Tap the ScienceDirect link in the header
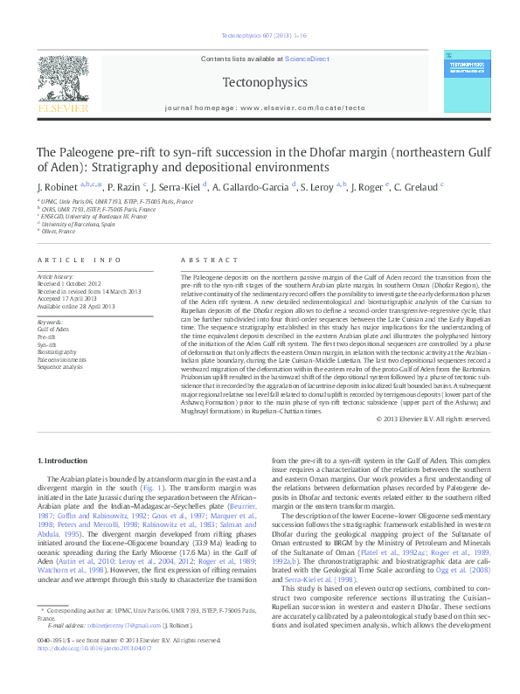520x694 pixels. pyautogui.click(x=307, y=59)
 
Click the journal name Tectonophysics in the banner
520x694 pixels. pyautogui.click(x=260, y=82)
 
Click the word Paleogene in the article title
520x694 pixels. pyautogui.click(x=89, y=152)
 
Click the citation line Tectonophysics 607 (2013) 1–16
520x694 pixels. pyautogui.click(x=260, y=36)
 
